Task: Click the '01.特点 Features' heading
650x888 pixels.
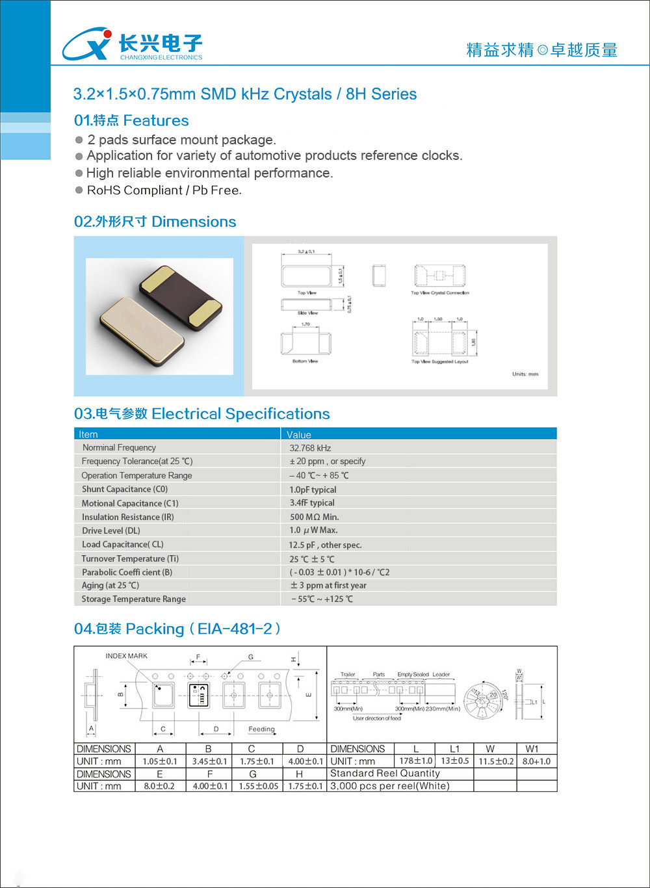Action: coord(131,120)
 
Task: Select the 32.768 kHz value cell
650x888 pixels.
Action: coord(310,448)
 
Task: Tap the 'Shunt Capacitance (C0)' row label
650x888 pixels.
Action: coord(125,489)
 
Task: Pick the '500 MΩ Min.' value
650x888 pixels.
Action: coord(314,517)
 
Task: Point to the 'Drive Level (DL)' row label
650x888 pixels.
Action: coord(111,530)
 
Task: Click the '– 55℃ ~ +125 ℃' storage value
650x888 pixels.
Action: coord(322,599)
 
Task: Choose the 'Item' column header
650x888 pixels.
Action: coord(88,434)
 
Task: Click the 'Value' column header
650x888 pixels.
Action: coord(299,434)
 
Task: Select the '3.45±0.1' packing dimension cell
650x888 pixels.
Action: coord(209,761)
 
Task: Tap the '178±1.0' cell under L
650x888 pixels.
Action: coord(416,761)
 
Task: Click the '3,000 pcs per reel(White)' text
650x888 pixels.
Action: coord(390,786)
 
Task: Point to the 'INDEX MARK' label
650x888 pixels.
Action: coord(126,656)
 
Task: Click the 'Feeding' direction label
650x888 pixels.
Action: coord(261,729)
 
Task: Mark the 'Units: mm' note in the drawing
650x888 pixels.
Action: coord(525,374)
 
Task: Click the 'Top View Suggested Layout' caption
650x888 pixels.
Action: coord(439,361)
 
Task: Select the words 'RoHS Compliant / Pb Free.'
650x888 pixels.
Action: coord(164,190)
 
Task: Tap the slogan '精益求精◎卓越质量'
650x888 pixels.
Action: coord(541,50)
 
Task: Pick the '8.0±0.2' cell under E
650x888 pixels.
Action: coord(159,786)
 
